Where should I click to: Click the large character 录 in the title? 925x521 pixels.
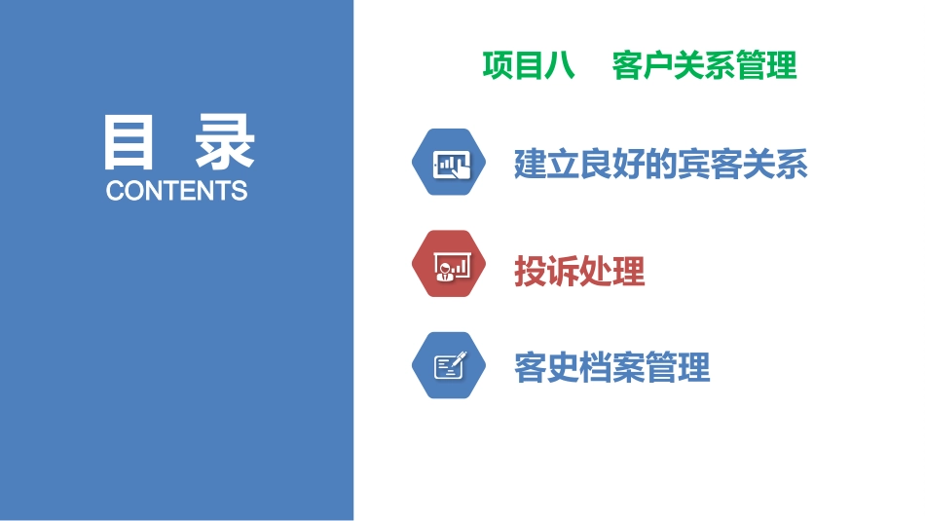point(224,143)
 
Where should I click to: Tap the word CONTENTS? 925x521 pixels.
point(176,190)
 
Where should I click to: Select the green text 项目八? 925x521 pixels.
point(528,65)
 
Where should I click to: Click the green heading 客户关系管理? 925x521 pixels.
point(704,65)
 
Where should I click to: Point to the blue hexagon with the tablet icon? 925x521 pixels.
point(449,163)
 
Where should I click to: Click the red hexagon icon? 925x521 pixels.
point(449,264)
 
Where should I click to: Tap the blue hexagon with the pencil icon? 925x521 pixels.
point(449,366)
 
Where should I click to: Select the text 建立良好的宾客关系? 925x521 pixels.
point(661,165)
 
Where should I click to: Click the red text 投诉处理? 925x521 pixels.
point(579,272)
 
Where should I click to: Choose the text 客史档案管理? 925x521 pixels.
point(612,368)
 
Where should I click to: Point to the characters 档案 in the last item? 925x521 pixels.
point(612,368)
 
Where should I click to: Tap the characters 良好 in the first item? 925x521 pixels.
point(612,165)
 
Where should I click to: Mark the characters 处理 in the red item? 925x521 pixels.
point(612,272)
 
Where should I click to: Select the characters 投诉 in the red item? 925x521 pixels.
point(546,272)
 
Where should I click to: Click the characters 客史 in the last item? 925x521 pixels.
point(546,368)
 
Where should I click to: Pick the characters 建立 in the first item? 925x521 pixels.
point(546,165)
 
